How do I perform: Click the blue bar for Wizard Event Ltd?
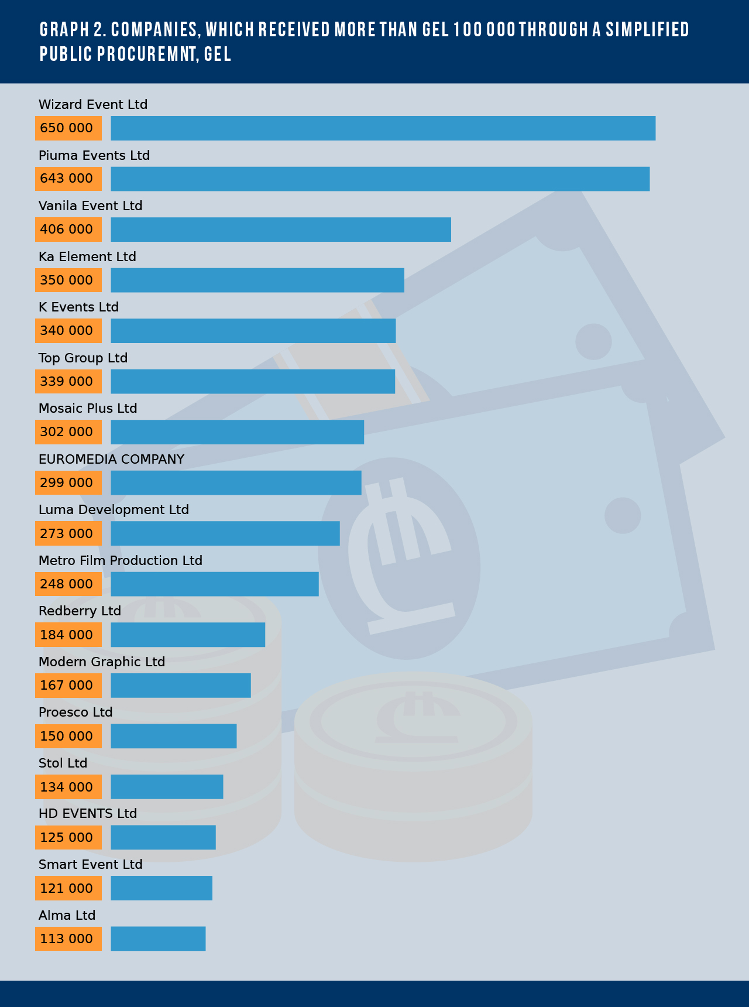pos(383,128)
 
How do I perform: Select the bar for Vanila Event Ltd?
pos(281,230)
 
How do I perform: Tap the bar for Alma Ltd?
pos(158,939)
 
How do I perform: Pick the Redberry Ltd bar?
pos(188,635)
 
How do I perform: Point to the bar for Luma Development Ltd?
pos(225,533)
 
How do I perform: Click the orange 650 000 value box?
pos(68,128)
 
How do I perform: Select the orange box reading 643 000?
pos(68,179)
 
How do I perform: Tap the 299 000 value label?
pos(68,483)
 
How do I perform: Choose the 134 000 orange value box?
pos(68,787)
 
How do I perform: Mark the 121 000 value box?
pos(68,888)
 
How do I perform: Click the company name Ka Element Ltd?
pos(87,257)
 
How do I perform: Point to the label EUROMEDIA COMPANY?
pos(111,460)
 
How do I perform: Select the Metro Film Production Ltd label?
pos(121,561)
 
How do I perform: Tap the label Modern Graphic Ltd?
pos(102,662)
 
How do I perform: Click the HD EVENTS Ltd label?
pos(88,814)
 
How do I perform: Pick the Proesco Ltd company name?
pos(75,713)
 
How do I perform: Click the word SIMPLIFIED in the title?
pos(648,29)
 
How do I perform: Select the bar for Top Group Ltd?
pos(253,382)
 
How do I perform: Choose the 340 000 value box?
pos(68,331)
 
